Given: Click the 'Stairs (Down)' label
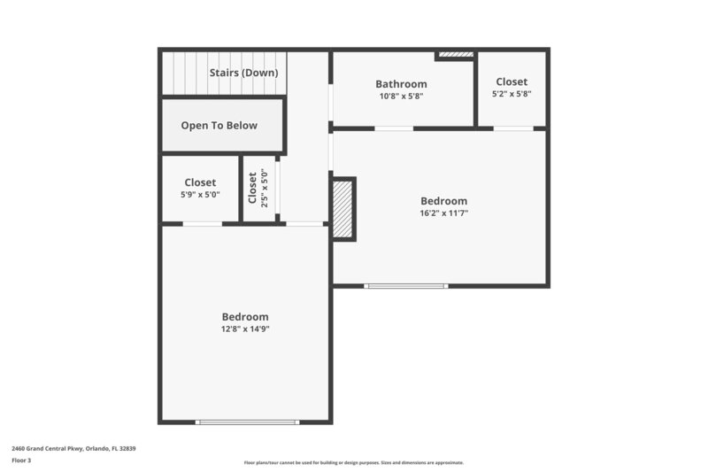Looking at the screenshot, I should pyautogui.click(x=243, y=73).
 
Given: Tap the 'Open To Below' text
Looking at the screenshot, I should pyautogui.click(x=219, y=125).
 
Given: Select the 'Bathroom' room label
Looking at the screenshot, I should pyautogui.click(x=401, y=84).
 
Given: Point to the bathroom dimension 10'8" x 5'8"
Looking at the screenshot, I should pyautogui.click(x=401, y=97).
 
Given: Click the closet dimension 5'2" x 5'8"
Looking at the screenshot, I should pyautogui.click(x=512, y=94).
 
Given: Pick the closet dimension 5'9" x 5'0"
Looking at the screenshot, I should pyautogui.click(x=200, y=195).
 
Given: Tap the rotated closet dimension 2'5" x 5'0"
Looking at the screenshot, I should pyautogui.click(x=263, y=187).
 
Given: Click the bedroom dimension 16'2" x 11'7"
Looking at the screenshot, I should pyautogui.click(x=443, y=213).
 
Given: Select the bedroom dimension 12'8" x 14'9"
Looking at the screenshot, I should pyautogui.click(x=245, y=329).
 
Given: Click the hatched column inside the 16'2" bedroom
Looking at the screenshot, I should pyautogui.click(x=343, y=208).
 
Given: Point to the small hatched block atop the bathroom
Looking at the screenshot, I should pyautogui.click(x=456, y=55).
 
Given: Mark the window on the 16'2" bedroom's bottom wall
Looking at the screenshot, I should pyautogui.click(x=406, y=286).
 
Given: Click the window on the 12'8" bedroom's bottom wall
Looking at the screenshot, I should pyautogui.click(x=248, y=422).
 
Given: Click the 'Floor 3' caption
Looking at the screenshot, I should pyautogui.click(x=21, y=460).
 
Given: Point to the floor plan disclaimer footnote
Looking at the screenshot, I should pyautogui.click(x=353, y=462).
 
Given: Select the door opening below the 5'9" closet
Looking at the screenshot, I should pyautogui.click(x=202, y=224).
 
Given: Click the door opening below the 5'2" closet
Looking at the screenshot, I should pyautogui.click(x=513, y=128).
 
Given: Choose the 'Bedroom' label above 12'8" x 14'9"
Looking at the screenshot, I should pyautogui.click(x=245, y=317).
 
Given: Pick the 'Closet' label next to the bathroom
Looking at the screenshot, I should pyautogui.click(x=512, y=81).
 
